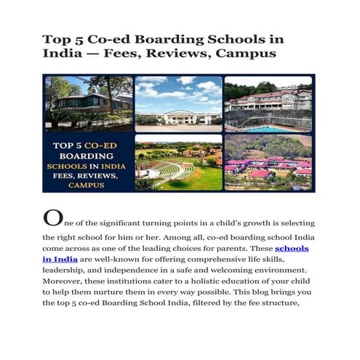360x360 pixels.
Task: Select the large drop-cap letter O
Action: click(x=52, y=217)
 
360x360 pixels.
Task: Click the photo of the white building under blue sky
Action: click(x=178, y=103)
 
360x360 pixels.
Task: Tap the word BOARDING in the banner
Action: click(x=87, y=155)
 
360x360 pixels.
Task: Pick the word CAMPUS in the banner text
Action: click(x=87, y=185)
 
